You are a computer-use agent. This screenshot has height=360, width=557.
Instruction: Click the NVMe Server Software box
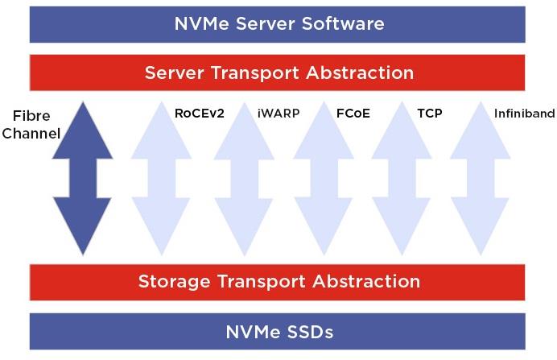coord(278,23)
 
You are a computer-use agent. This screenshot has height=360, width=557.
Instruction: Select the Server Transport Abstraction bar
coord(278,72)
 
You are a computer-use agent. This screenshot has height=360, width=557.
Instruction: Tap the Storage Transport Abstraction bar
coord(278,282)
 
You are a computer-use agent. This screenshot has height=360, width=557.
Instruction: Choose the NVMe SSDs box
coord(278,331)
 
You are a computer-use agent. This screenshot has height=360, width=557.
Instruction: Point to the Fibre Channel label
coord(31,124)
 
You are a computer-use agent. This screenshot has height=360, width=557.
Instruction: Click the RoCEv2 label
coord(199,114)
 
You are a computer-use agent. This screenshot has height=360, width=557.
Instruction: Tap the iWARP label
coord(278,114)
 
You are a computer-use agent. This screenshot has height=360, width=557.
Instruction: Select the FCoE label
coord(353,114)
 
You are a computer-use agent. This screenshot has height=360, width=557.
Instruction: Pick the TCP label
coord(429,114)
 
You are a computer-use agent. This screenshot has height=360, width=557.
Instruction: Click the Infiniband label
coord(524,114)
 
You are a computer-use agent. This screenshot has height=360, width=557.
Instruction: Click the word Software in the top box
coord(342,23)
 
